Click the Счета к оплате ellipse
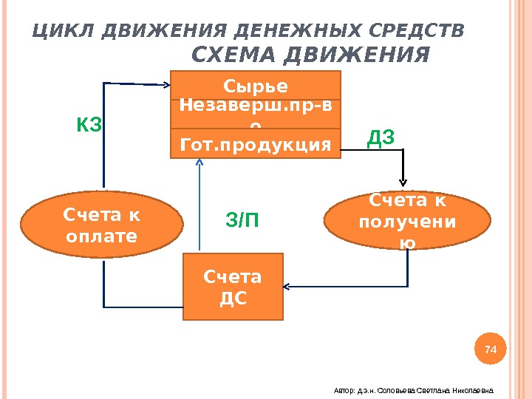[102, 225]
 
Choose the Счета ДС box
[233, 287]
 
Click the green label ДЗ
[381, 138]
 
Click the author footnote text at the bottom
[413, 390]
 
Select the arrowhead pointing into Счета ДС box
[290, 286]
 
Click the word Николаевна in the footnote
[474, 390]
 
